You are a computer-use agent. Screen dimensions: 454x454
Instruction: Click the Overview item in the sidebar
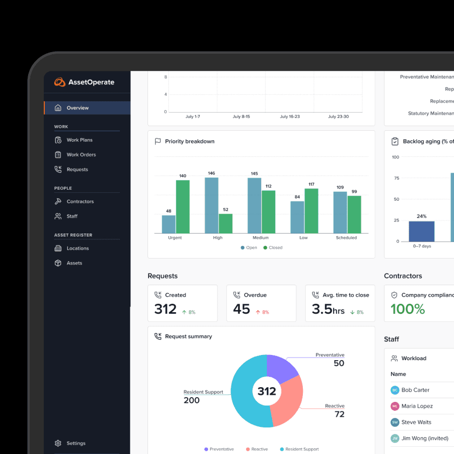pos(77,108)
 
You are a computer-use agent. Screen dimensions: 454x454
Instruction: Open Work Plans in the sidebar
pos(79,140)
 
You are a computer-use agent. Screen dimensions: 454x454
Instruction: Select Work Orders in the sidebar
pos(81,155)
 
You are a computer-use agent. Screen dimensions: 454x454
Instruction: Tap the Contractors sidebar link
pos(80,202)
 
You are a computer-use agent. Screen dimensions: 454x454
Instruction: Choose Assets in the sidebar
pos(74,263)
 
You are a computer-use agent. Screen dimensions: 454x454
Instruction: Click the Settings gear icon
pos(58,444)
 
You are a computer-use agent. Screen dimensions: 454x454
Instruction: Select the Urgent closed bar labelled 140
pos(182,207)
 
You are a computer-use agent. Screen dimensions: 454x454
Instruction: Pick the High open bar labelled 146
pos(211,205)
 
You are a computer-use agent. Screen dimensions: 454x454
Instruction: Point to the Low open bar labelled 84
pos(297,217)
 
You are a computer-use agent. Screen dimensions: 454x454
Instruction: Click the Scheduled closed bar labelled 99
pos(354,214)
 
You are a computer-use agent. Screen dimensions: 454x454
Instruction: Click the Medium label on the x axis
pos(261,238)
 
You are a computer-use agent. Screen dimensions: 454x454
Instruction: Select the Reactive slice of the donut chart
pos(289,401)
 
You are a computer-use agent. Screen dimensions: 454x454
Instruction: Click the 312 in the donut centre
pos(266,391)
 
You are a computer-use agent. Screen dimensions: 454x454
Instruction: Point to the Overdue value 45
pos(241,309)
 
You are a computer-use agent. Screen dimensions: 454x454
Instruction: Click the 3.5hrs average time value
pos(328,309)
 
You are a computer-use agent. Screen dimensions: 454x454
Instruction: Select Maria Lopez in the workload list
pos(416,406)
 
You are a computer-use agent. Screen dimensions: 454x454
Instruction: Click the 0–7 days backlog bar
pos(421,231)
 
